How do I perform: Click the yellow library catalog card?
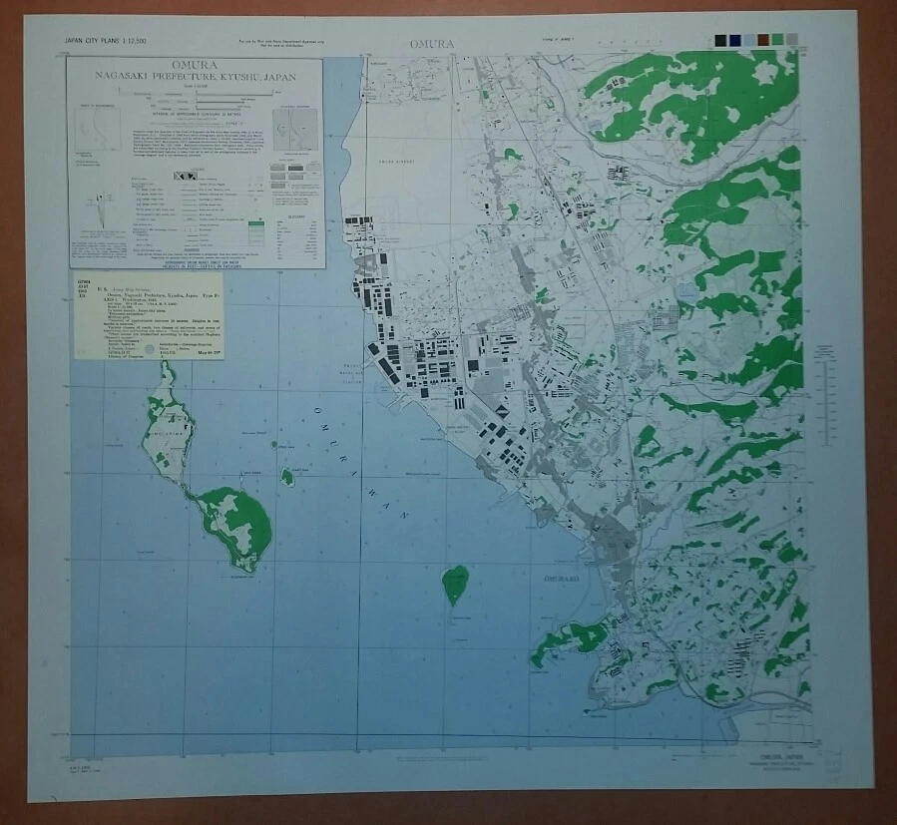148,317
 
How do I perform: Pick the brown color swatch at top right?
763,40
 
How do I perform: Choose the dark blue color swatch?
735,40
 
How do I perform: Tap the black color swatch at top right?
721,40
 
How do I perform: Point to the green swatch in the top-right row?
777,40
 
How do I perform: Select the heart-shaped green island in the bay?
455,583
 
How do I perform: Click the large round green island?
236,526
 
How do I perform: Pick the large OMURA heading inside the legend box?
197,66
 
